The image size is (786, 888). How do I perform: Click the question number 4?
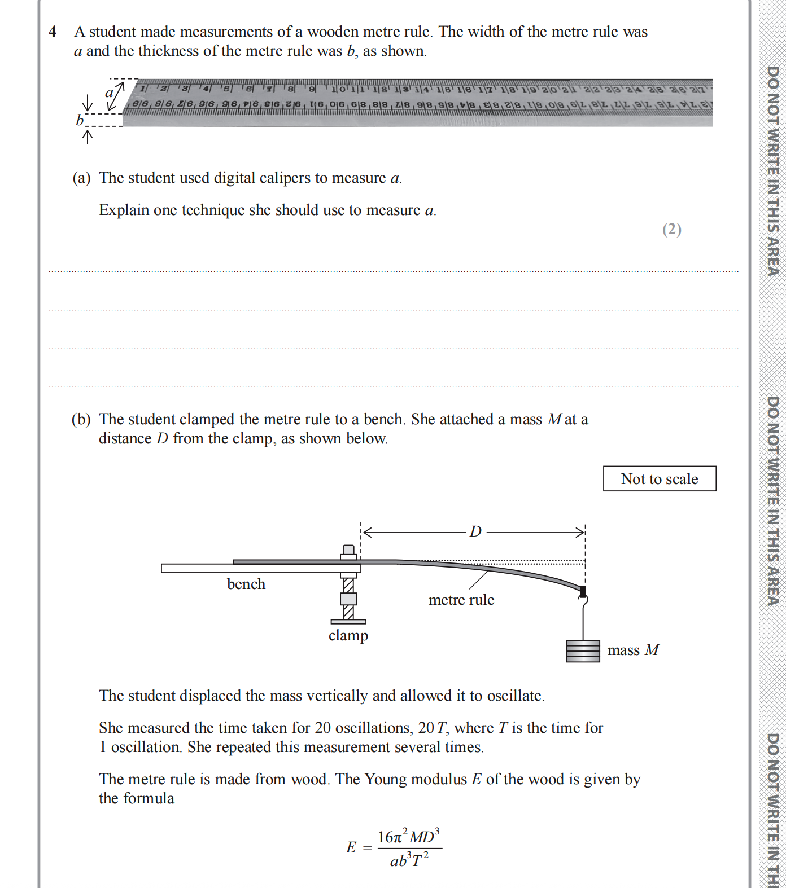tap(53, 32)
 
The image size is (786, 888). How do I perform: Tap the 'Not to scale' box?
tap(660, 479)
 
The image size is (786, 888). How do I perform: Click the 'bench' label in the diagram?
tap(246, 584)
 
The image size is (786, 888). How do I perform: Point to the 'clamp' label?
tap(348, 635)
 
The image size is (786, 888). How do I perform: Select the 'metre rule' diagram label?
tap(461, 600)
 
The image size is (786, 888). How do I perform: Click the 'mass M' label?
tap(633, 650)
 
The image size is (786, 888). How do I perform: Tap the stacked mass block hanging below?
tap(583, 651)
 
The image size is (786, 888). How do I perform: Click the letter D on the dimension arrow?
tap(475, 531)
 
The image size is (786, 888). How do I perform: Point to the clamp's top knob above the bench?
tap(349, 550)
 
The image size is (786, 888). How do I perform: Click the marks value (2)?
tap(672, 230)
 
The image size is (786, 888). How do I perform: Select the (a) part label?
tap(81, 178)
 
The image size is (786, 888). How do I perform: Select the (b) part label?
tap(81, 420)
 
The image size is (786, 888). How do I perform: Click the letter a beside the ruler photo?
tap(109, 93)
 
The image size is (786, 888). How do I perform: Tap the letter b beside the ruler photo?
tap(80, 120)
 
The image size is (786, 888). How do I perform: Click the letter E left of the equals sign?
tap(351, 847)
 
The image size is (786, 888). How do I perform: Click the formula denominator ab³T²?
tap(409, 860)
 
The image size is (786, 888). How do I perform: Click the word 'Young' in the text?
tap(386, 780)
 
